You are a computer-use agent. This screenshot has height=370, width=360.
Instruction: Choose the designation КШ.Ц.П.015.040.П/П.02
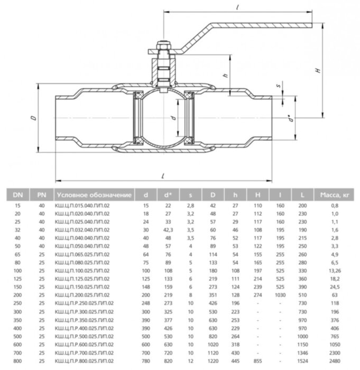[83, 205]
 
